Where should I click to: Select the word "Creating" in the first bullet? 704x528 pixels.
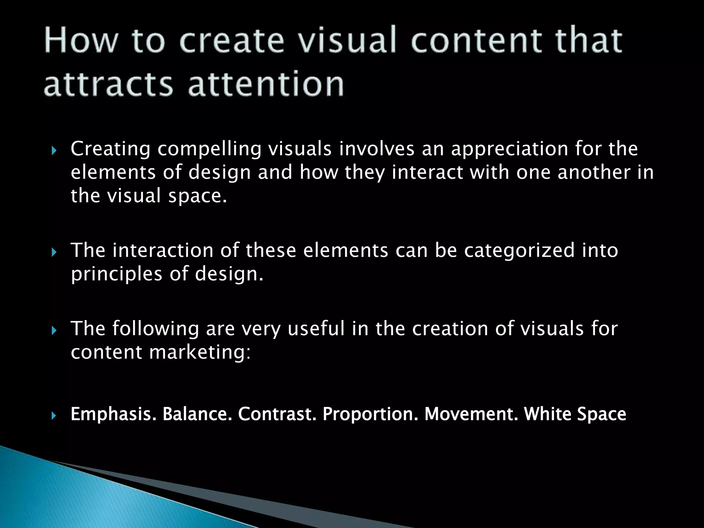(110, 148)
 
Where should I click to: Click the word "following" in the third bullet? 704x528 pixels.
(155, 328)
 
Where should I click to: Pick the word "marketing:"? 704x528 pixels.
(200, 352)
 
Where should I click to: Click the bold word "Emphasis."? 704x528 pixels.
(113, 414)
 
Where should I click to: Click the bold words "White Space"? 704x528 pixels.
(575, 414)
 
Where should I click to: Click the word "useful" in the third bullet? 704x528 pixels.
(316, 328)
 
